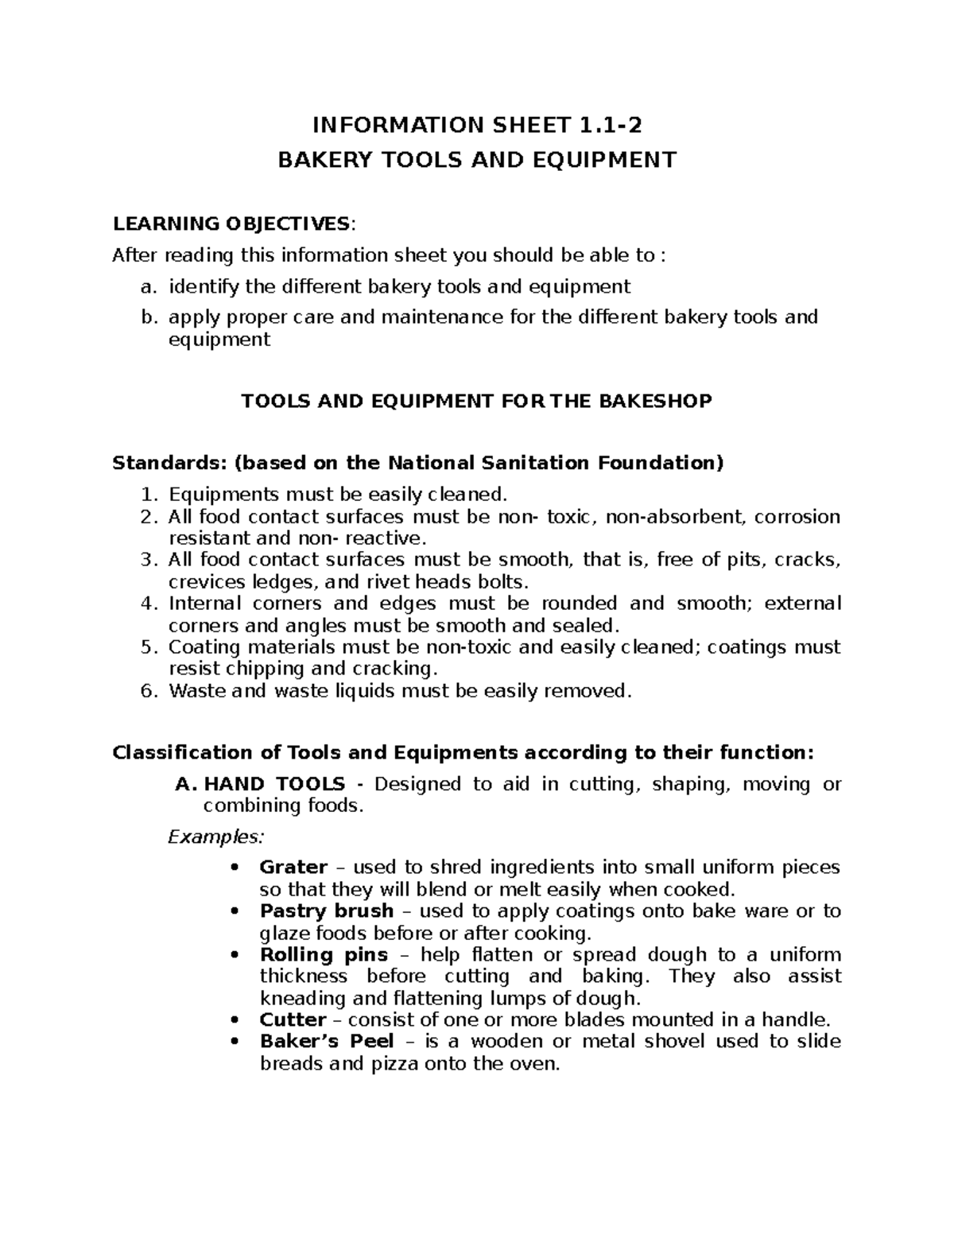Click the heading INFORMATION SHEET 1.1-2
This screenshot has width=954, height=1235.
click(x=476, y=125)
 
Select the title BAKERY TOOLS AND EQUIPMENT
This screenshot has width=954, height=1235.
click(x=476, y=160)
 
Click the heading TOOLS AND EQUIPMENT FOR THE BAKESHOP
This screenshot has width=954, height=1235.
click(x=476, y=401)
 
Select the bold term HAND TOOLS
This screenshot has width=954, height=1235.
click(x=274, y=784)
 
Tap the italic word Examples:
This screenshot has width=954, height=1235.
click(x=214, y=837)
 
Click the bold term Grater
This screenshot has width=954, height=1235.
click(x=293, y=867)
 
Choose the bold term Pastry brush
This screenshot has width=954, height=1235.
click(x=327, y=911)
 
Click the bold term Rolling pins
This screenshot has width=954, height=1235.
click(x=324, y=954)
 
